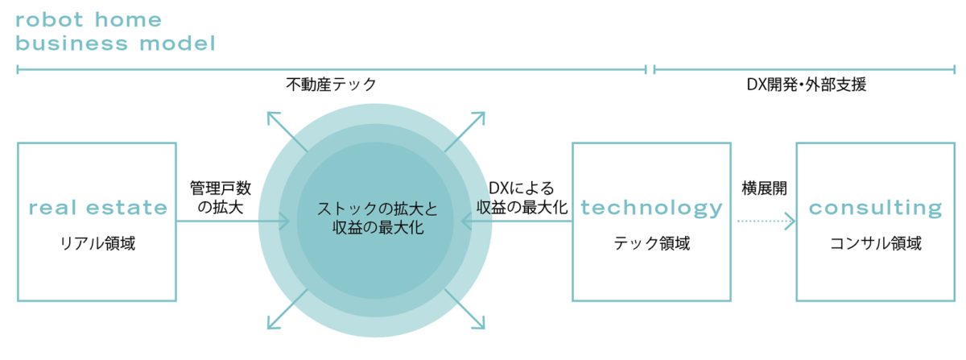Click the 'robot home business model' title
(115, 31)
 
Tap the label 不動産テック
(331, 85)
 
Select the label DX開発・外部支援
(806, 85)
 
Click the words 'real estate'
(97, 208)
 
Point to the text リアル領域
(97, 242)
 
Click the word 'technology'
(651, 208)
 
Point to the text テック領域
(651, 242)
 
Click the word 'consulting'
(875, 208)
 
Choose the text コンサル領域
(875, 242)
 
